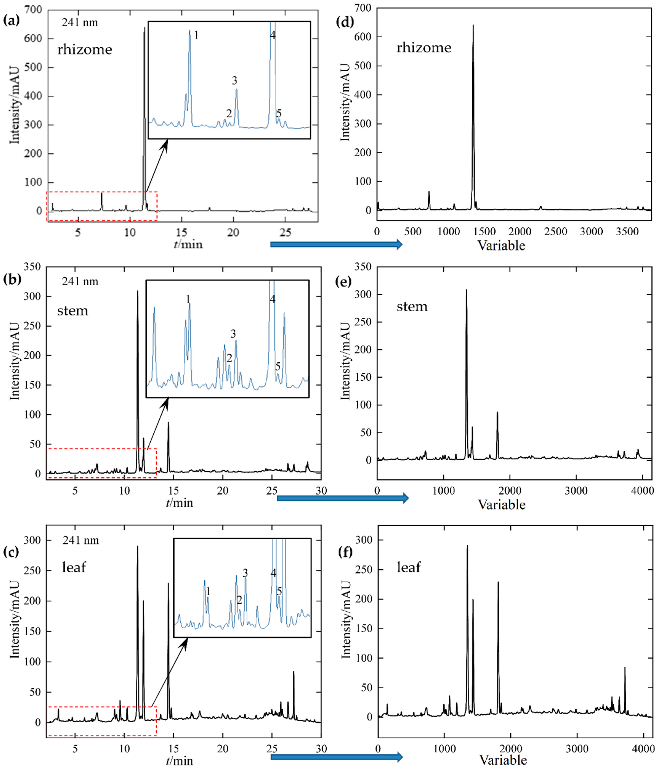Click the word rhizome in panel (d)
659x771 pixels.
point(424,48)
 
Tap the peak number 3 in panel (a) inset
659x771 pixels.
point(234,81)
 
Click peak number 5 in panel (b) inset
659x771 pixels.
point(278,367)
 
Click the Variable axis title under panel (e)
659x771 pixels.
point(501,505)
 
